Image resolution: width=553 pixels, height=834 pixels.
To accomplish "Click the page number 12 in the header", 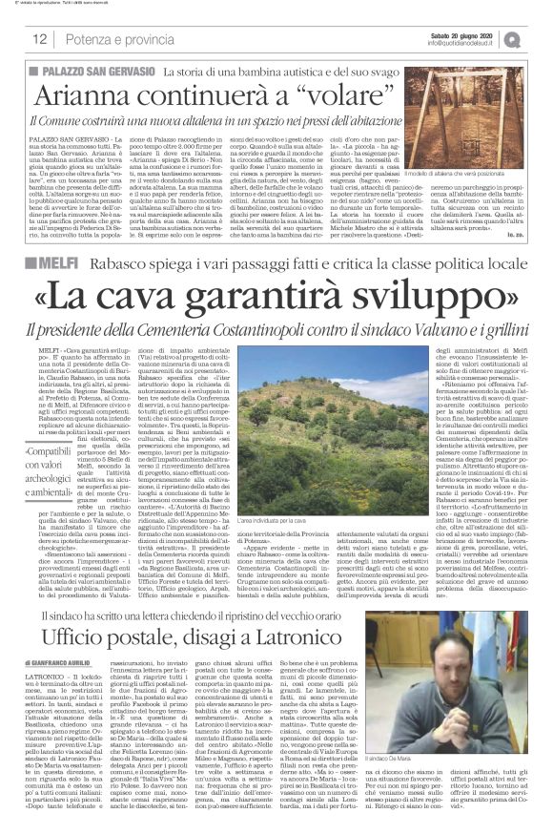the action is click(x=40, y=39).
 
